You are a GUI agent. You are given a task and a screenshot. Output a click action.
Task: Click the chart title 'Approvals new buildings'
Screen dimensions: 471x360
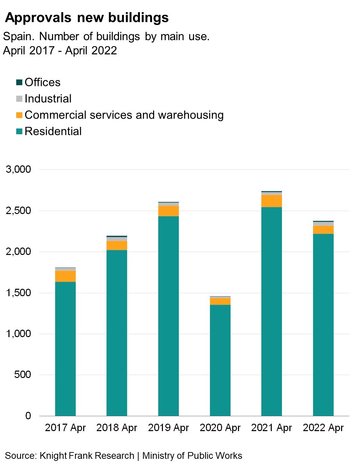click(87, 18)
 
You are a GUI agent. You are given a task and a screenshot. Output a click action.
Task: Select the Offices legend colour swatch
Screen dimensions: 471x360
click(19, 82)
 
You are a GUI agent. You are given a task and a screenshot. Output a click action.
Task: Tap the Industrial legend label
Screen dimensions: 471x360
click(48, 99)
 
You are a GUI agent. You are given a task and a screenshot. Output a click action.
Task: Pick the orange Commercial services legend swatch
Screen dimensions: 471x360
click(19, 115)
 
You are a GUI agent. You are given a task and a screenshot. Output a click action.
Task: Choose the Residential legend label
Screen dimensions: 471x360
click(53, 131)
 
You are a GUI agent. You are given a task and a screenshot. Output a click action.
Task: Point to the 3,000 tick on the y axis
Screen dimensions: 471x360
click(18, 169)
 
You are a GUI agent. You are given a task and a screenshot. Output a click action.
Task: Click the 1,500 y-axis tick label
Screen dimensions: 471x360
click(18, 293)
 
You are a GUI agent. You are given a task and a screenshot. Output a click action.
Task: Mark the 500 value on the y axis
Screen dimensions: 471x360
click(23, 375)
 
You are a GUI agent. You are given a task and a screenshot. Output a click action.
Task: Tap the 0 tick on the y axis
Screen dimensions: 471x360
click(28, 416)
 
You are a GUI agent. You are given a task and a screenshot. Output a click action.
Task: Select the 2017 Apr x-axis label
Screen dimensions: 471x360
click(65, 428)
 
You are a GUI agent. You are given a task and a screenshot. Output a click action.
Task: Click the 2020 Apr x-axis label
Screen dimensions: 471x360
click(220, 428)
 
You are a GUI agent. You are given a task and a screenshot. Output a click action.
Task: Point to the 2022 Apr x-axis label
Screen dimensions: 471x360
click(323, 428)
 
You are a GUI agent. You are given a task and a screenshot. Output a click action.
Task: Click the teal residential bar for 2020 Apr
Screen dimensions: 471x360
click(220, 360)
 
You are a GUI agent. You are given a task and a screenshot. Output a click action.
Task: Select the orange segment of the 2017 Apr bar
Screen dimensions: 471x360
click(65, 276)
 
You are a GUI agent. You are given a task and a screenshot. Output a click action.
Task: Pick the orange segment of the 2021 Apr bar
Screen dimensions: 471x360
click(271, 201)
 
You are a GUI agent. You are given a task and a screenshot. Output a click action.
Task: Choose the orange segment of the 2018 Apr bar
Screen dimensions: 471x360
click(117, 245)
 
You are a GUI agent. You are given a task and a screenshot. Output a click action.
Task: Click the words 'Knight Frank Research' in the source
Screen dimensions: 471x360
click(87, 456)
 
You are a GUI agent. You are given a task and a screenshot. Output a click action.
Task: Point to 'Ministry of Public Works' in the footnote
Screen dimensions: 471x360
click(192, 456)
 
